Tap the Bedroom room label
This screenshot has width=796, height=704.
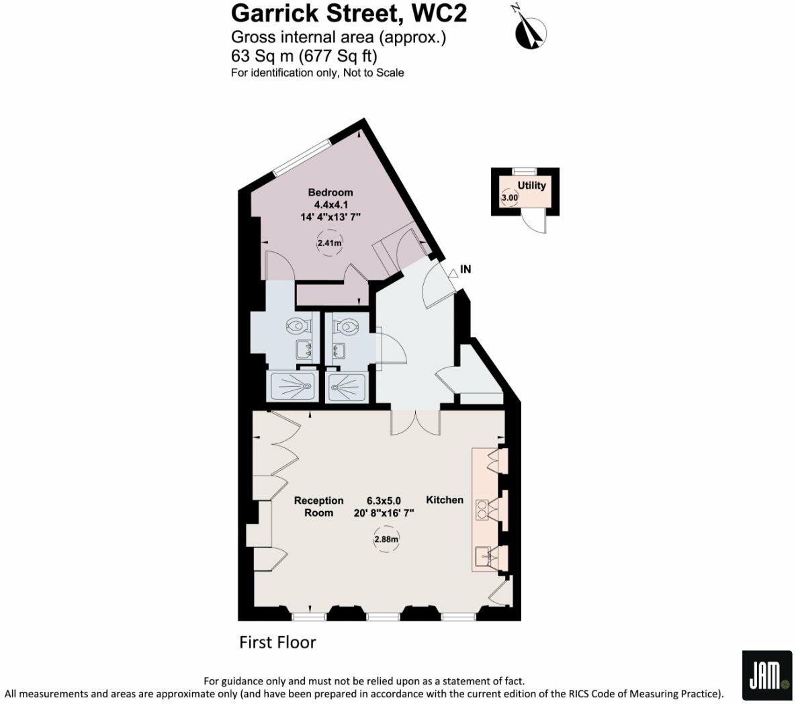click(x=330, y=192)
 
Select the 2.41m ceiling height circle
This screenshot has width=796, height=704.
click(x=329, y=243)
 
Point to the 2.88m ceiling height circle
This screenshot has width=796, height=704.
click(x=386, y=539)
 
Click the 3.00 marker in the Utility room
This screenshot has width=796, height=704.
click(x=510, y=198)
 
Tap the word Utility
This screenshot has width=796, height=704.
click(x=531, y=185)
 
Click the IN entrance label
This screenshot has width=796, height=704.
click(x=466, y=269)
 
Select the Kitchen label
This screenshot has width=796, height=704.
click(x=445, y=500)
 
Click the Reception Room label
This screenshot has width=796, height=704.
click(x=319, y=507)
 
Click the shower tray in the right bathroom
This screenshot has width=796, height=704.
click(x=347, y=388)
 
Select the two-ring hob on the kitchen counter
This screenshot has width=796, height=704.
click(x=482, y=510)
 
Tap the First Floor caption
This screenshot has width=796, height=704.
click(x=277, y=643)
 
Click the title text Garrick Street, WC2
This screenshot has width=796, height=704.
click(x=349, y=13)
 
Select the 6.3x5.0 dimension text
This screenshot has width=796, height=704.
click(x=384, y=500)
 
